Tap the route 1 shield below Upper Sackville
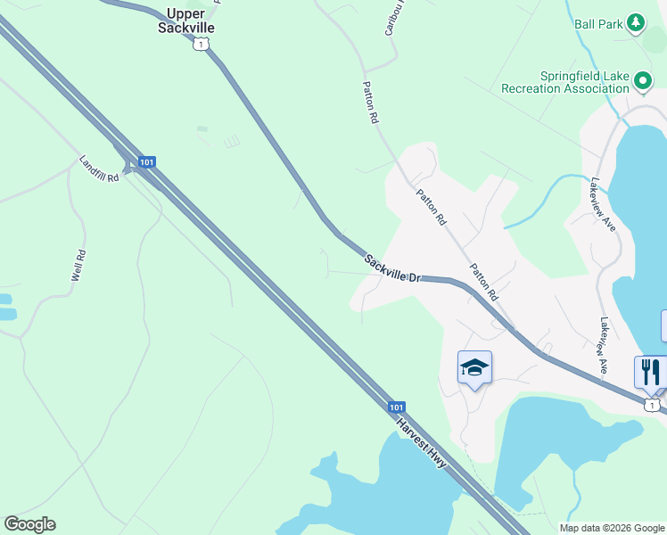(203, 44)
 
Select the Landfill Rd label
(99, 169)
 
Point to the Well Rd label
(78, 266)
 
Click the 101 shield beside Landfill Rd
(147, 162)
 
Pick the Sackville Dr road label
(391, 267)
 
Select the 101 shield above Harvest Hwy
(397, 407)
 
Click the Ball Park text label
(598, 24)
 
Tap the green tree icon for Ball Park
(635, 22)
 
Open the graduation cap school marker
(474, 367)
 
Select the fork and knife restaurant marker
(651, 372)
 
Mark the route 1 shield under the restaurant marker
(653, 406)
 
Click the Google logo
(29, 524)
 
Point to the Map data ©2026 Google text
(611, 528)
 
